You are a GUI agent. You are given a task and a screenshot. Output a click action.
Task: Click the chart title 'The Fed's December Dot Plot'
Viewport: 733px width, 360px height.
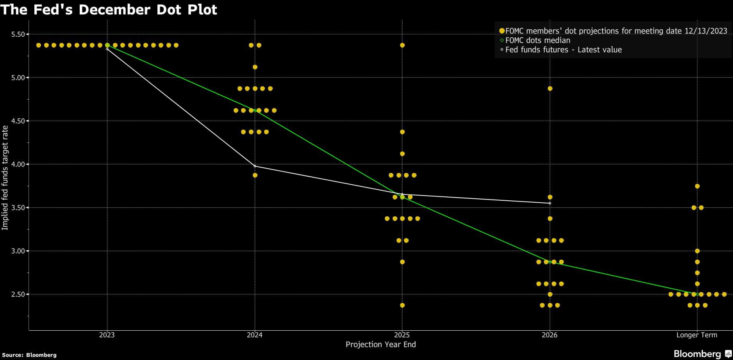(x=109, y=9)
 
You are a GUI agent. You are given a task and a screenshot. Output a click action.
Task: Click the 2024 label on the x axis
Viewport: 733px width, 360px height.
(x=255, y=335)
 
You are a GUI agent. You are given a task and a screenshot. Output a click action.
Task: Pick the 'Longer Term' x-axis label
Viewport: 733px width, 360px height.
(x=697, y=335)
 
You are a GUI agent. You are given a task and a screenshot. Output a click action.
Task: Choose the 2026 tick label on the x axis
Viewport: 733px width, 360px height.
(x=549, y=335)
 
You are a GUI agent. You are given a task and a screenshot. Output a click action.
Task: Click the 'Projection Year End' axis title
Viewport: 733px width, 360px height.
(x=381, y=344)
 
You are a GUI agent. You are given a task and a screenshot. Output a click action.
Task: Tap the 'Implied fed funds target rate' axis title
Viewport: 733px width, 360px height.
(x=5, y=178)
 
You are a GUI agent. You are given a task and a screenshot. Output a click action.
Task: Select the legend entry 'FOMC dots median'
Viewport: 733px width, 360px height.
(x=537, y=40)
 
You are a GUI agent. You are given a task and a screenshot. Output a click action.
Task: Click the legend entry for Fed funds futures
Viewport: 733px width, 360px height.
(x=563, y=50)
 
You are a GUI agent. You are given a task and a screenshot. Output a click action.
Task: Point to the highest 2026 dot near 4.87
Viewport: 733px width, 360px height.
(x=550, y=89)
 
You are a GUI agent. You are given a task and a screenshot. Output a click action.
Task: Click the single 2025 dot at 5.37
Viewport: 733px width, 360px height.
(x=402, y=45)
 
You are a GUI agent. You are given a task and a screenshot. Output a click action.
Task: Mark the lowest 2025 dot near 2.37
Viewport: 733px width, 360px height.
(x=402, y=305)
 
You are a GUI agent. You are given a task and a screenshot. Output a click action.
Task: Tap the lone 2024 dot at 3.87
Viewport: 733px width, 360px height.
(x=255, y=175)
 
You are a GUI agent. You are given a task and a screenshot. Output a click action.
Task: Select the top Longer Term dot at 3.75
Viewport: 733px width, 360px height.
(x=697, y=186)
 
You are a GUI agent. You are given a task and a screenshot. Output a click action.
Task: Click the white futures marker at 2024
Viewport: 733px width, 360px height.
(x=255, y=166)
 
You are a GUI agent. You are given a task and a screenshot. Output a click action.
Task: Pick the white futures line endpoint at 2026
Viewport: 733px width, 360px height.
(x=550, y=203)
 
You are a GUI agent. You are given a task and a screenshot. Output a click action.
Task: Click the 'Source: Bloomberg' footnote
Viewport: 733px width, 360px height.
(x=29, y=355)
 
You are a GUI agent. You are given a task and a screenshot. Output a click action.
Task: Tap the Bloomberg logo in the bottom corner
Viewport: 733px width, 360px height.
(x=702, y=354)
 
